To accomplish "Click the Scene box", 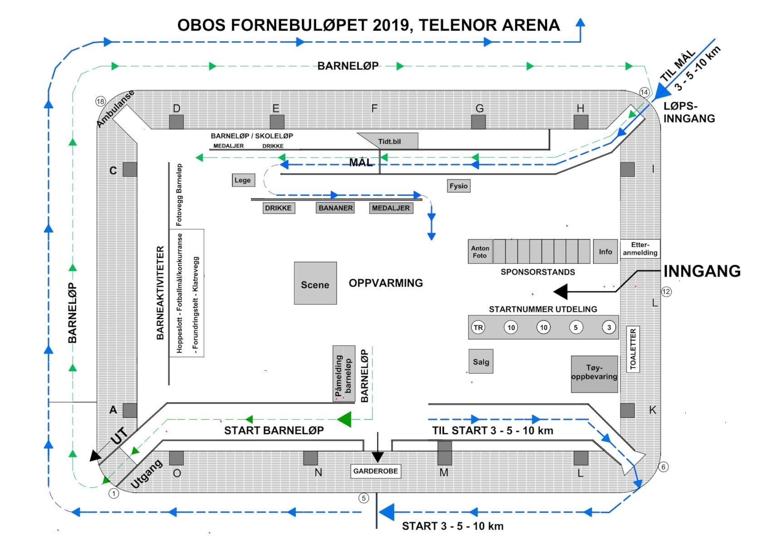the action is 315,283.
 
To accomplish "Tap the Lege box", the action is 243,180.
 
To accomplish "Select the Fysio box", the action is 458,186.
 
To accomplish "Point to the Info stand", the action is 605,251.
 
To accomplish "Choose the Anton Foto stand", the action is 480,251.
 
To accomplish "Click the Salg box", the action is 481,361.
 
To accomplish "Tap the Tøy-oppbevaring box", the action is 594,374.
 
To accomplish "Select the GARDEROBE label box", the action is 376,471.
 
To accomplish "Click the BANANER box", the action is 335,208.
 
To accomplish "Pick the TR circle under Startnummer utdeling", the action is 478,327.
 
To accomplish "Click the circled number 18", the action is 100,102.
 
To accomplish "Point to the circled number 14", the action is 644,92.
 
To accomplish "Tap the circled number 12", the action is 667,292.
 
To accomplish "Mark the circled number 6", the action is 664,467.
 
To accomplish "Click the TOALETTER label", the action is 633,349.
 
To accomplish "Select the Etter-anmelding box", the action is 640,249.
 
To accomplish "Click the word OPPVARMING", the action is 386,283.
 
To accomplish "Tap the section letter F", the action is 374,108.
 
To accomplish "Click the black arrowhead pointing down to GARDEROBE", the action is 378,457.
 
